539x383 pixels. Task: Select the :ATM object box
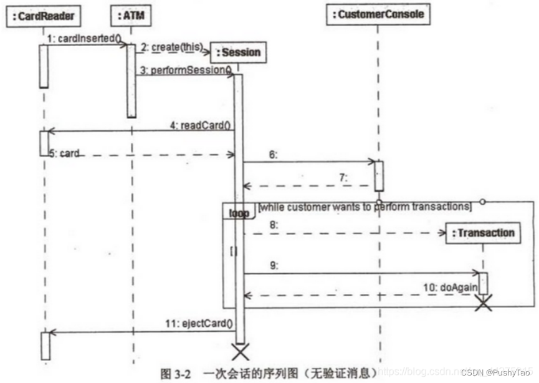point(131,14)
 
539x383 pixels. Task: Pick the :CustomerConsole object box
point(378,14)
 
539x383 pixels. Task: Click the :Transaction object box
point(483,233)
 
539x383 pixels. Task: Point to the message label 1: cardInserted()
point(83,39)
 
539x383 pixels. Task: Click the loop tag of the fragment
point(239,213)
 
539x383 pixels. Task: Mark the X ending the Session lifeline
point(239,351)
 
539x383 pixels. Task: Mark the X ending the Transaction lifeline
point(483,303)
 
